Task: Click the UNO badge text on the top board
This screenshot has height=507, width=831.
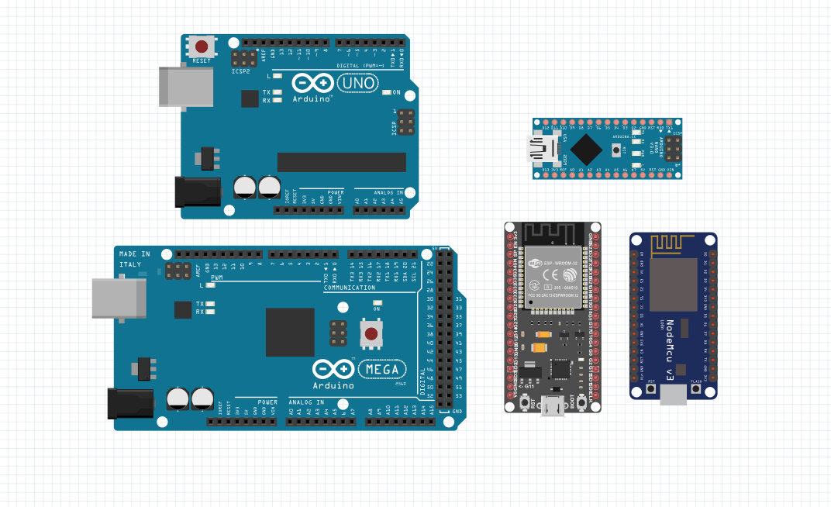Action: (x=358, y=82)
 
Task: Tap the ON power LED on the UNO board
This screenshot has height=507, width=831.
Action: (x=387, y=92)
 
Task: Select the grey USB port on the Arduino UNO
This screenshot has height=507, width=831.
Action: (x=186, y=86)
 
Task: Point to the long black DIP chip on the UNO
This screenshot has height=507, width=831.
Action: (x=341, y=162)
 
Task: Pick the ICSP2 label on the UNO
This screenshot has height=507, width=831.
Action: (x=241, y=72)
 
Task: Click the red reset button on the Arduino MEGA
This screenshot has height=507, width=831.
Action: (x=371, y=335)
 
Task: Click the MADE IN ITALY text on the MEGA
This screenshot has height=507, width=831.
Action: (x=135, y=259)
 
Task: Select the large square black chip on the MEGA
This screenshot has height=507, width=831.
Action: (x=290, y=332)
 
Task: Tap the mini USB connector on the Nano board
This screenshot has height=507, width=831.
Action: (x=540, y=148)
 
